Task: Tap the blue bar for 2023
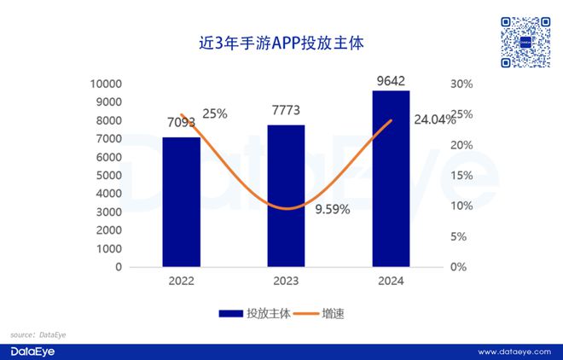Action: coord(286,195)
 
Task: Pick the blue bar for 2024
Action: coord(391,178)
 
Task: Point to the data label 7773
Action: coord(286,111)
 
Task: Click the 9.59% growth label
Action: coord(332,210)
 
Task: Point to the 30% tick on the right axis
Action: coord(461,84)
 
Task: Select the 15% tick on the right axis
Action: coord(461,176)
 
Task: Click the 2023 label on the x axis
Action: coord(286,281)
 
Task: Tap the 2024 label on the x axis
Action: coord(391,281)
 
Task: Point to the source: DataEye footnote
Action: coord(38,334)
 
